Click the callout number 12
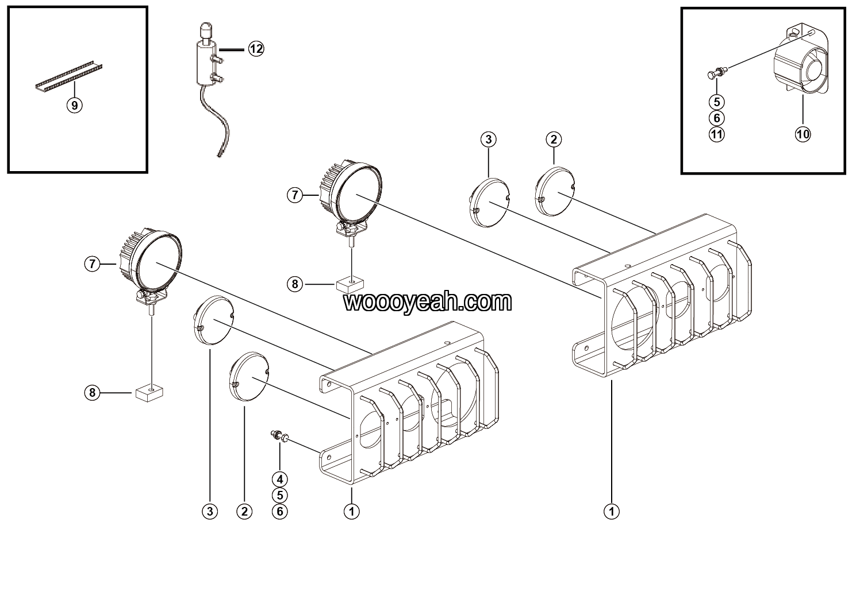click(x=256, y=49)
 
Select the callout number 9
click(x=75, y=105)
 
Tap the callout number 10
click(x=803, y=134)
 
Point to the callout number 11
click(x=716, y=134)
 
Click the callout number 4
click(x=280, y=479)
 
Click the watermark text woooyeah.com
click(x=427, y=302)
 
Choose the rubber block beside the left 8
click(x=149, y=393)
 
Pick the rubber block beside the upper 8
click(x=350, y=285)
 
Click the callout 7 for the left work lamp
click(x=92, y=264)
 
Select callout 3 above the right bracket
click(x=489, y=140)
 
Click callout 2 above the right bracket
click(x=554, y=140)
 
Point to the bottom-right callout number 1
click(x=612, y=512)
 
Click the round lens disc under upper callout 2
click(x=555, y=191)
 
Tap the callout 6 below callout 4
click(x=280, y=512)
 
